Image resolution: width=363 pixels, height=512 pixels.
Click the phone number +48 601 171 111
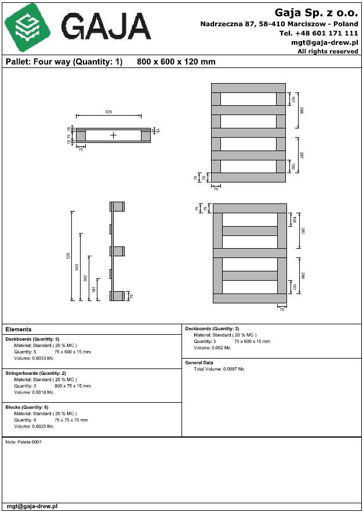pos(318,33)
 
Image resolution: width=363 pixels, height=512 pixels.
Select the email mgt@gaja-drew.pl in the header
pos(324,42)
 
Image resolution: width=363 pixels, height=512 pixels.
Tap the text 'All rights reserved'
pos(328,51)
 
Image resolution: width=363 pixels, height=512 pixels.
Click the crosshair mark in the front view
pos(113,135)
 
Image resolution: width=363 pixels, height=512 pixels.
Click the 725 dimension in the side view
pos(68,256)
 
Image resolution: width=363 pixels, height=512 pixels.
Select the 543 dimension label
pos(77,267)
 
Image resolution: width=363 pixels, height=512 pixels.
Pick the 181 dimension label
pos(94,289)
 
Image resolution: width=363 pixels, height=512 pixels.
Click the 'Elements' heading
pos(18,330)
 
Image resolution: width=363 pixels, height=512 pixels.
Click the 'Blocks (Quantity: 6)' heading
pos(28,407)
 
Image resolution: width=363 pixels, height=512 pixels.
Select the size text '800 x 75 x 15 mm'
pos(72,385)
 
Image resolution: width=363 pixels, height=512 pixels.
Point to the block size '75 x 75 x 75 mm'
pos(71,420)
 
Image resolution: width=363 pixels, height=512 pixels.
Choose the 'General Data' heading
pos(199,362)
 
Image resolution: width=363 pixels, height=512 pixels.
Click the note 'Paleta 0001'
pos(24,442)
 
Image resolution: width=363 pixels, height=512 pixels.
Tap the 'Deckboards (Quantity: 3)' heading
pos(212,328)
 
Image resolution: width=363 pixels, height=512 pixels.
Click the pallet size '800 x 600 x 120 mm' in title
pos(176,62)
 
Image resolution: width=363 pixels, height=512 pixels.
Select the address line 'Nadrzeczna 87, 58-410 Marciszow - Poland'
pos(279,24)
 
